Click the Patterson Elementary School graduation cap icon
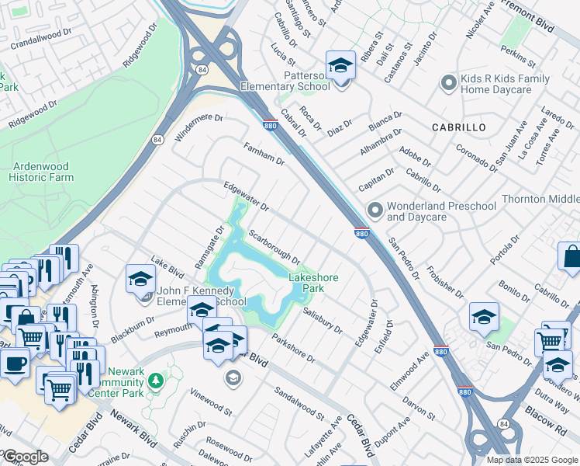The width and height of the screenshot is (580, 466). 340,65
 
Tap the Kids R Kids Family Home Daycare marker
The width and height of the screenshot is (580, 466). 447,82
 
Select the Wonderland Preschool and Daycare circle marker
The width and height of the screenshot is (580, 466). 375,210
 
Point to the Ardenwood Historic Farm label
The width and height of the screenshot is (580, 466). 43,172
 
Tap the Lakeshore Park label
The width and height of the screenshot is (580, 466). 316,282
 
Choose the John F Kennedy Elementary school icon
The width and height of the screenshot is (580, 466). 141,278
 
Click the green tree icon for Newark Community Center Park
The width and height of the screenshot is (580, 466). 156,380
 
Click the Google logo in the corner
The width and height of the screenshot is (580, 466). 26,457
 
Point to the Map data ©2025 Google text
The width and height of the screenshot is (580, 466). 533,460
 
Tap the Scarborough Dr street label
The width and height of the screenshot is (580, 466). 274,245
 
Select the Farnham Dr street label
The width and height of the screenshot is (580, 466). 264,153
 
